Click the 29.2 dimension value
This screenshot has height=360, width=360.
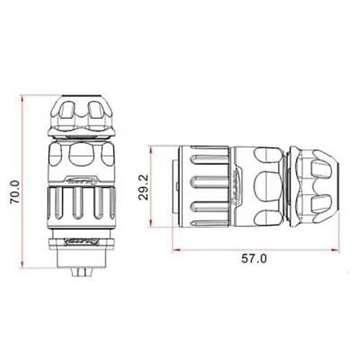[143, 186]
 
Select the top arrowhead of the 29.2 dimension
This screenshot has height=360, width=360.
[153, 148]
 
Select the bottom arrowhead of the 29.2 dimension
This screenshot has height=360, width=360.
[153, 225]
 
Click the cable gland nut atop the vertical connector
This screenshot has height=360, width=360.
[80, 115]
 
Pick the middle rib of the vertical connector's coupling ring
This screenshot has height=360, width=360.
[80, 209]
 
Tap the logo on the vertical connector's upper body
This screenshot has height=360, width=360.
[80, 183]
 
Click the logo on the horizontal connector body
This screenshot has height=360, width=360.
[235, 186]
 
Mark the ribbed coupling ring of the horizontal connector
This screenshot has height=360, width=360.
[205, 186]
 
